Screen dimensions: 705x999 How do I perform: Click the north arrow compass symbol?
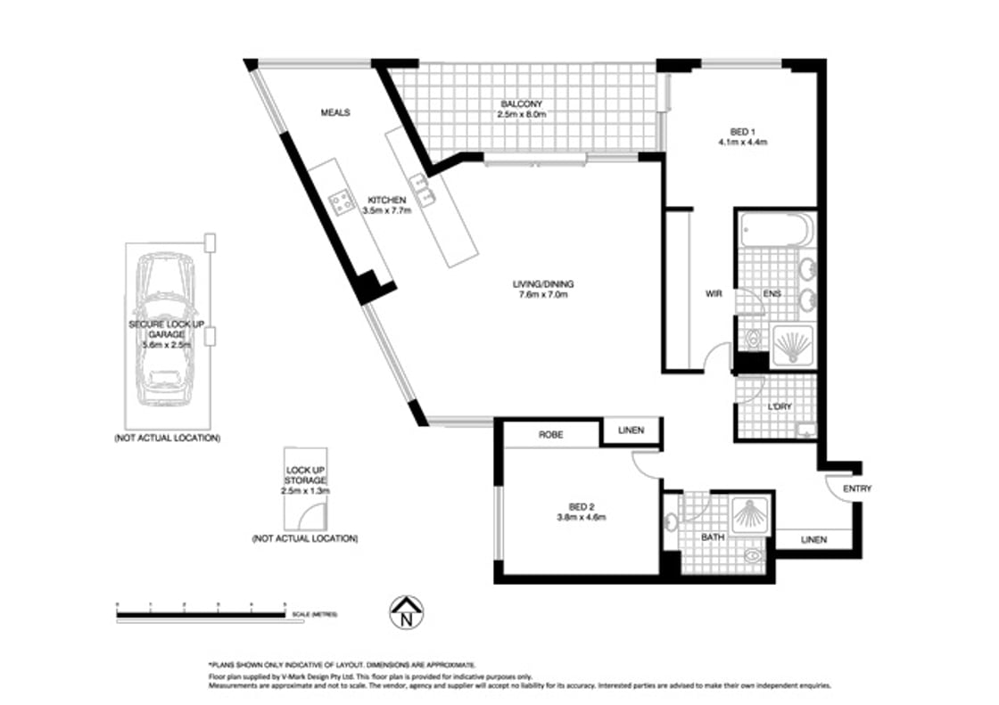[407, 612]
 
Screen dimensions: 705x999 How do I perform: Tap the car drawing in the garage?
[167, 330]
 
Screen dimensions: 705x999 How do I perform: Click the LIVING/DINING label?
[542, 284]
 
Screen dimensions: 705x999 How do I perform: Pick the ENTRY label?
[856, 488]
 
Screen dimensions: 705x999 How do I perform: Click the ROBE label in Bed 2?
[549, 436]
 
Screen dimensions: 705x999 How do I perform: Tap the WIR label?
[714, 293]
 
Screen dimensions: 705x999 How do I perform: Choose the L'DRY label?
[780, 406]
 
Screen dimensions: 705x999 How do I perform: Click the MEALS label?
[335, 113]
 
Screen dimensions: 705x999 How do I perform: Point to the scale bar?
[202, 612]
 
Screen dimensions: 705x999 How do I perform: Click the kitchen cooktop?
[342, 202]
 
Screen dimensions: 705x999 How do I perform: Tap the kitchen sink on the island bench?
[426, 192]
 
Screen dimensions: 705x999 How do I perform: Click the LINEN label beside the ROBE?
[632, 430]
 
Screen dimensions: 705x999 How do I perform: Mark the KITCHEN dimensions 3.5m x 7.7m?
[387, 210]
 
